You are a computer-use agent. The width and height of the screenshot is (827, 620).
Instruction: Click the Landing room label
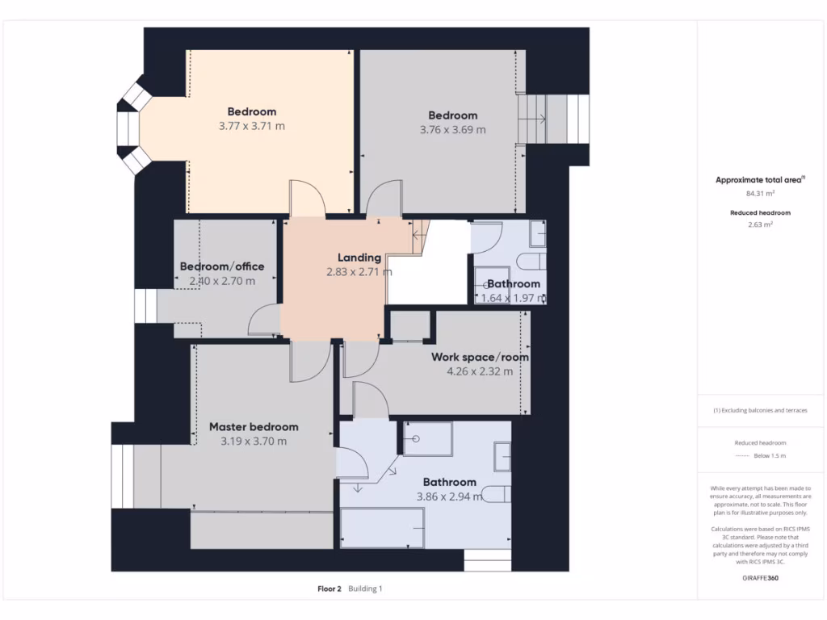tap(359, 258)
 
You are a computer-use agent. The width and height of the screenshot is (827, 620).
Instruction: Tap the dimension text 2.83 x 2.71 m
tap(359, 273)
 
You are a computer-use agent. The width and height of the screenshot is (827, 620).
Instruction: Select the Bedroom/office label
tap(221, 266)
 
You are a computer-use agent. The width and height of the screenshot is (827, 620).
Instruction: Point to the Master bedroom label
tap(254, 427)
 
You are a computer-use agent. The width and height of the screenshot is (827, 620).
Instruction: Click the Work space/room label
tap(480, 357)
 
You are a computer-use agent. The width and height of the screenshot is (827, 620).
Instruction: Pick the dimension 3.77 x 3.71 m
tap(251, 126)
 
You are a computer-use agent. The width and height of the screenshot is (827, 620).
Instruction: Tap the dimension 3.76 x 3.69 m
tap(452, 129)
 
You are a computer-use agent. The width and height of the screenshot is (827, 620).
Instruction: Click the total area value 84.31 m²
tap(760, 194)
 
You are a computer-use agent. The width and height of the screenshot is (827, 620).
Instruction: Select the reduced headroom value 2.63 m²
tap(760, 225)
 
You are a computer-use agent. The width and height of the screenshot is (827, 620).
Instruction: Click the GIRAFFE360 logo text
tap(760, 578)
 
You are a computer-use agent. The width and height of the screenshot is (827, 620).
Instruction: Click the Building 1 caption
tap(365, 589)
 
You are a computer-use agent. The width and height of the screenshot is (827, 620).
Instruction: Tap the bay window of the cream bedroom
tap(130, 126)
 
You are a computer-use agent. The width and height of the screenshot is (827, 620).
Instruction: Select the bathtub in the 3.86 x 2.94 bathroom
tap(383, 529)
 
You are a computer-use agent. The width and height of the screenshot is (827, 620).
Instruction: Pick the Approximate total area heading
tap(758, 180)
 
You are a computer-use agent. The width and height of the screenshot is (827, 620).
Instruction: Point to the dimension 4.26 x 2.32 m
tap(480, 372)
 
